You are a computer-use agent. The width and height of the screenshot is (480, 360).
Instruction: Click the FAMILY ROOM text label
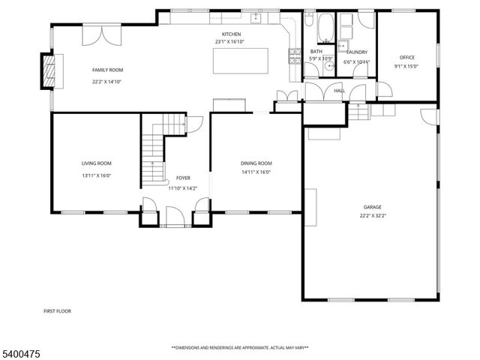(107, 70)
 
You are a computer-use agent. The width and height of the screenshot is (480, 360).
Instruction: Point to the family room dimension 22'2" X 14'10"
(107, 82)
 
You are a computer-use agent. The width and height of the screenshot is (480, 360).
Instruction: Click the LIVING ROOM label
(97, 163)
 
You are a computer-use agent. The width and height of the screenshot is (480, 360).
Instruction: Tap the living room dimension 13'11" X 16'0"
(97, 175)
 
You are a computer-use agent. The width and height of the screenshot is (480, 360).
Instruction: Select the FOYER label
(183, 178)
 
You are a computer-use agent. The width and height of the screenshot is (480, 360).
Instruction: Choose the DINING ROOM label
(256, 163)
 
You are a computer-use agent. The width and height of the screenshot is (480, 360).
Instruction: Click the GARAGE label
(373, 206)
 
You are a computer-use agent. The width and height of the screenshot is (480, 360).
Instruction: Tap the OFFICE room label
(407, 57)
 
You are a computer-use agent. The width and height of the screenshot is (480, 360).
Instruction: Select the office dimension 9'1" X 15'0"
(407, 66)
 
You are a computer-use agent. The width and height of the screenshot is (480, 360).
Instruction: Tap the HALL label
(339, 91)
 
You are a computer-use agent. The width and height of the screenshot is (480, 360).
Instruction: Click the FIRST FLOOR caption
(58, 309)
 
